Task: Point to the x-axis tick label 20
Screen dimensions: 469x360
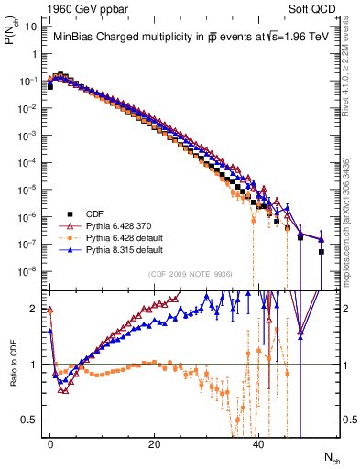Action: coord(155,443)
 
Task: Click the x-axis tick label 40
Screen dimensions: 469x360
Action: coord(259,443)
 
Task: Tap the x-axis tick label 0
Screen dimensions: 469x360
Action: coord(50,443)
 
